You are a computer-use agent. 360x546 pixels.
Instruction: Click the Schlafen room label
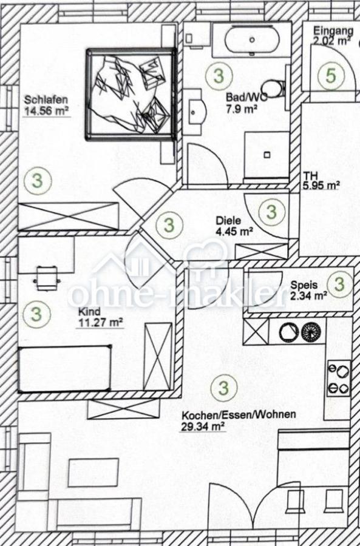[46, 100]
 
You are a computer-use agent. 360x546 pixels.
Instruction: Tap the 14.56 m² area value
[46, 111]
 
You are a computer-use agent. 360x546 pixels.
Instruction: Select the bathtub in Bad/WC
[252, 40]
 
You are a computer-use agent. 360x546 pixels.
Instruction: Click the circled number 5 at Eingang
[331, 76]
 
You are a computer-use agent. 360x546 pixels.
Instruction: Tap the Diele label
[228, 221]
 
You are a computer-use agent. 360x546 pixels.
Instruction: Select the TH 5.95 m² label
[321, 181]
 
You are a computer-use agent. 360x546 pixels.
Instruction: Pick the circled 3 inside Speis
[339, 285]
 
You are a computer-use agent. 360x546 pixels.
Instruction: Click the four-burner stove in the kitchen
[339, 378]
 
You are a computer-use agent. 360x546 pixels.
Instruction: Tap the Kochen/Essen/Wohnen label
[239, 415]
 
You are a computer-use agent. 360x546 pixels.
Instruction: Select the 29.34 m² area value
[203, 426]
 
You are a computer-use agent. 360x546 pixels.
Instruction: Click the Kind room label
[89, 312]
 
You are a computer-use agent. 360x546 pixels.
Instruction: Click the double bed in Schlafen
[131, 95]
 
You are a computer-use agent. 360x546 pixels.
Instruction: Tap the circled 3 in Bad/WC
[219, 76]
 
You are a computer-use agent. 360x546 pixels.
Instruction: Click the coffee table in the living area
[93, 473]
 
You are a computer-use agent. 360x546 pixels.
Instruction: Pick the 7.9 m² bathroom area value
[242, 109]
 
